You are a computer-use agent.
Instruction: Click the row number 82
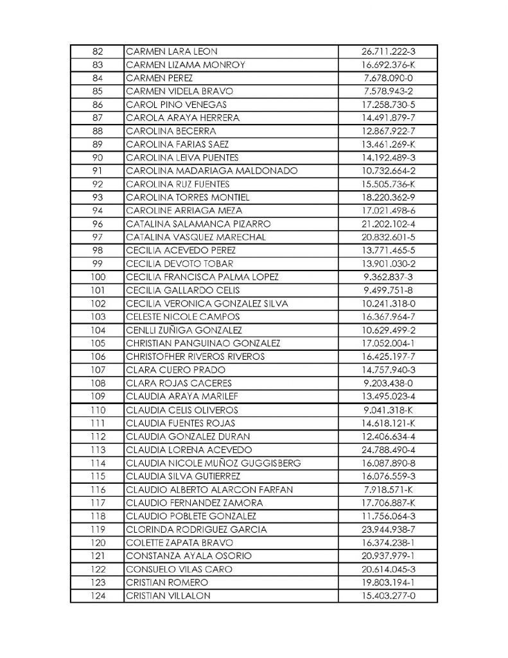[x=98, y=51]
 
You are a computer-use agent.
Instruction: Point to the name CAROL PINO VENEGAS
[x=176, y=105]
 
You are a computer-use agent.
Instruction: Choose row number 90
[x=98, y=157]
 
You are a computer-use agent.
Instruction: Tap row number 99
[x=98, y=264]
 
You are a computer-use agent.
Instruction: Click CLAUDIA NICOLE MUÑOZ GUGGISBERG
[x=214, y=463]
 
